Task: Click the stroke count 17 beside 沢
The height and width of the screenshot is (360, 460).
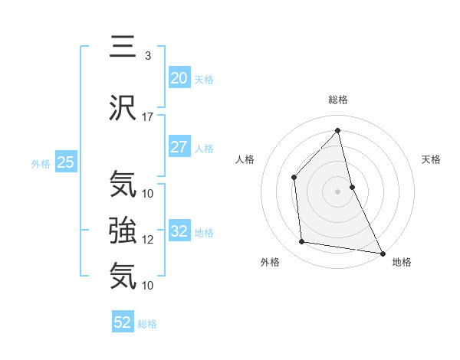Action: point(148,117)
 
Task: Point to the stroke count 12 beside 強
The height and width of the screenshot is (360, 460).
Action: point(148,239)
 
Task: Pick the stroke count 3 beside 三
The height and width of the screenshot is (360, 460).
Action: point(147,56)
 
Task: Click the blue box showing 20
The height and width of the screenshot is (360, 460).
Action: point(179,78)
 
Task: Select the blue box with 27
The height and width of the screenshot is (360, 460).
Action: point(179,147)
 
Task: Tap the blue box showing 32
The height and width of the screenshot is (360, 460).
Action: point(179,231)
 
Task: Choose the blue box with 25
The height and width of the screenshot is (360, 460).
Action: point(65,162)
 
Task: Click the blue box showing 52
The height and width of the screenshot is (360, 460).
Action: point(123,322)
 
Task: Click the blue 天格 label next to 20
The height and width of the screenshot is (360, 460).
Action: point(203,80)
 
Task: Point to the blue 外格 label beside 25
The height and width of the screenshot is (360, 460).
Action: point(41,163)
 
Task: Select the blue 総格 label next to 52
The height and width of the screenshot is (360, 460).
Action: point(147,324)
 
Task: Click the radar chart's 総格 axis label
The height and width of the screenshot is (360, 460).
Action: point(337,100)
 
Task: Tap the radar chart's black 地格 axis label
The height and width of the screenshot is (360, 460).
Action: point(402,262)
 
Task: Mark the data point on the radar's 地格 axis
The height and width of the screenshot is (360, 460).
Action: point(382,252)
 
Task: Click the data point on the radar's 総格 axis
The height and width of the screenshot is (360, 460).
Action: point(337,130)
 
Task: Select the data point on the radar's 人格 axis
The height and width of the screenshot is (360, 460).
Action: point(294,178)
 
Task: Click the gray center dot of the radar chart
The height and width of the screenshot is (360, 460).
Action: point(337,191)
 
